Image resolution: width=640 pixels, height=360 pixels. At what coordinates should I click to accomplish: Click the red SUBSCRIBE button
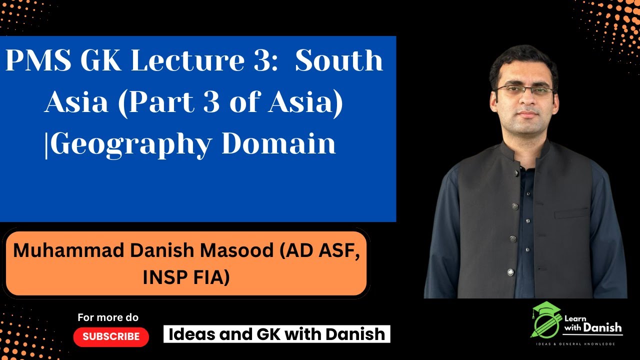pos(111,336)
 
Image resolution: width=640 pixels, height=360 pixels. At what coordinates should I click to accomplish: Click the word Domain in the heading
pos(278,143)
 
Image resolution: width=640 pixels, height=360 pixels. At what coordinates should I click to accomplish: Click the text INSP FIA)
pos(186,277)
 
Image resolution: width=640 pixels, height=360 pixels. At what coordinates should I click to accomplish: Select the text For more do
pos(108,317)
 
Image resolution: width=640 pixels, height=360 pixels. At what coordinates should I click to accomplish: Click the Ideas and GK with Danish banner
pos(276,334)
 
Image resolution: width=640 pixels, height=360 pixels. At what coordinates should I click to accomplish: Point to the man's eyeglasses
pos(524,91)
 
